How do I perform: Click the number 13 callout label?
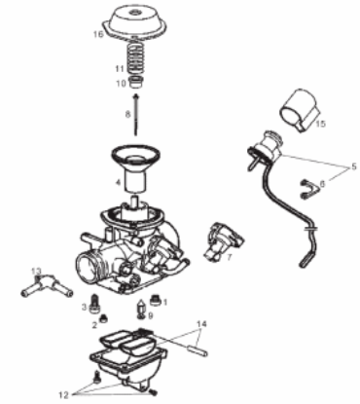(36, 271)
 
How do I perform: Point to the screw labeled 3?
(95, 302)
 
